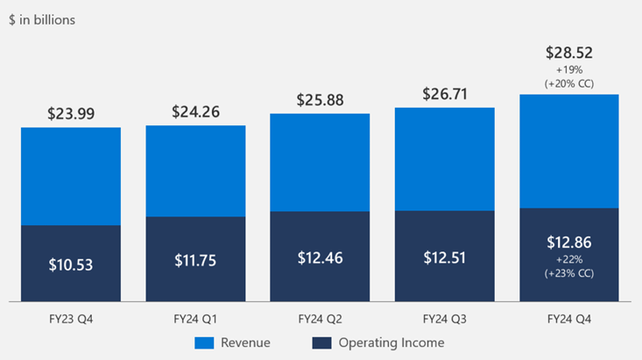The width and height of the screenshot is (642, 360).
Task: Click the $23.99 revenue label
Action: (71, 114)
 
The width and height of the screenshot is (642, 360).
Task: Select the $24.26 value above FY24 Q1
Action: (195, 111)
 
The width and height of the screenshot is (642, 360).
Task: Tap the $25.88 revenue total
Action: (321, 100)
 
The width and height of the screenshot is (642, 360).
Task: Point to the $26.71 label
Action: (445, 95)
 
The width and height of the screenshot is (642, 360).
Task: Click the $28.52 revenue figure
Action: (569, 53)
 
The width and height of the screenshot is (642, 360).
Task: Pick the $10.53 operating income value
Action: (71, 265)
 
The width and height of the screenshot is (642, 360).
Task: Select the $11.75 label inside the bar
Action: (195, 260)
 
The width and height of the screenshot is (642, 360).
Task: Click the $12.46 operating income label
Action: (321, 258)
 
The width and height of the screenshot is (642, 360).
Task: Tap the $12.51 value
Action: (445, 258)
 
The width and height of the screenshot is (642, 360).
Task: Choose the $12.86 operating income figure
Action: (569, 243)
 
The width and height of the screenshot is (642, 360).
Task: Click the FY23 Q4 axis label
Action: (71, 319)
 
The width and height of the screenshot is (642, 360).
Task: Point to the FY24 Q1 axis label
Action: (195, 319)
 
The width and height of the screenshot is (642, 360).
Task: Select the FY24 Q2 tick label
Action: (321, 319)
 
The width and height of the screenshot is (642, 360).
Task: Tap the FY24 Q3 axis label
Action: (445, 319)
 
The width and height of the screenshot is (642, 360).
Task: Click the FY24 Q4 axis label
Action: (569, 319)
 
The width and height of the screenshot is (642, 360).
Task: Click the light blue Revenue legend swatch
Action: (204, 343)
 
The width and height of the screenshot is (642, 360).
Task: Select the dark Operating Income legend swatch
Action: (321, 343)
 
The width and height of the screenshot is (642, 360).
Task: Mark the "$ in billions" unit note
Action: (42, 20)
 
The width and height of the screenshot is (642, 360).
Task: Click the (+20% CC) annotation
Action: (569, 83)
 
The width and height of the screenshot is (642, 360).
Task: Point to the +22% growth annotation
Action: (569, 259)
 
